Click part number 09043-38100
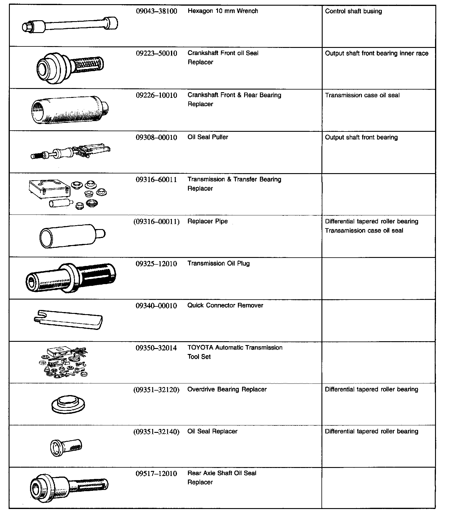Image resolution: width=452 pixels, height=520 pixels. point(156,11)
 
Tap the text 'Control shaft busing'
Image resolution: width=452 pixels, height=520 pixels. point(353,11)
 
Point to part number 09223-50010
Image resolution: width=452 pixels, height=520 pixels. point(156,54)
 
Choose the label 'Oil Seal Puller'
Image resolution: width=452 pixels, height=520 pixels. point(208,137)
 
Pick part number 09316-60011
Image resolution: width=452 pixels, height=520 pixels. point(156,180)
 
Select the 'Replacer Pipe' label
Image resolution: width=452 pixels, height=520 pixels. point(208,221)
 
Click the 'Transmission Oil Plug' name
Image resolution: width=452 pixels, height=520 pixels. point(219,263)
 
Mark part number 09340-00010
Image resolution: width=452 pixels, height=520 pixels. point(156,306)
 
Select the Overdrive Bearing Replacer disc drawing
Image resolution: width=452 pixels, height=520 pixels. point(68,404)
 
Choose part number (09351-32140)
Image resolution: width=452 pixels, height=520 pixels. point(156,432)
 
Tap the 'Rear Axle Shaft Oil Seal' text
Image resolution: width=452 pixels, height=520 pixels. point(222,473)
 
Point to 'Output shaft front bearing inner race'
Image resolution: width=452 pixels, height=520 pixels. point(376,54)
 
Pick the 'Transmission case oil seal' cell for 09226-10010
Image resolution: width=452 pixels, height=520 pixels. point(362,95)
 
